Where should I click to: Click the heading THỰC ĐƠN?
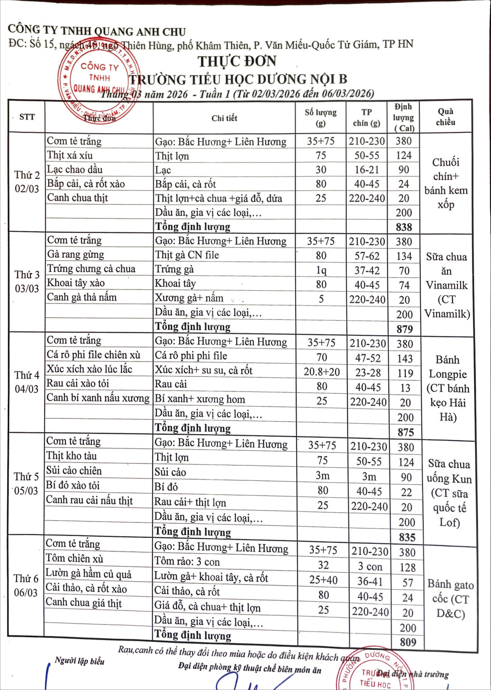point(237,61)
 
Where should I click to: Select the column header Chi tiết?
point(224,118)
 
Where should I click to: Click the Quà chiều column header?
point(445,117)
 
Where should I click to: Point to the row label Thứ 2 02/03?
point(27,182)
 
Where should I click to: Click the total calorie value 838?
point(404,227)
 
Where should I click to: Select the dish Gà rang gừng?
point(75,254)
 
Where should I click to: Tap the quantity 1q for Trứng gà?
point(321,270)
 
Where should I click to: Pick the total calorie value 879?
point(405,329)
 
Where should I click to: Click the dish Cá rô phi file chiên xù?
point(93,355)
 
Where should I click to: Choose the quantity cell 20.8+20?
point(322,372)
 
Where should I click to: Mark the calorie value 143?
point(405,358)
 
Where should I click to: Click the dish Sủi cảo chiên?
point(74,471)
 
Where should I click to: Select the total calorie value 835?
point(407,537)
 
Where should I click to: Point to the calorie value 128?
point(407,568)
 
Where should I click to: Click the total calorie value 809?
point(408,642)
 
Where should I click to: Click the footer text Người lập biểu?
point(80,661)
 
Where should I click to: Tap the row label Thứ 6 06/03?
point(26,585)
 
